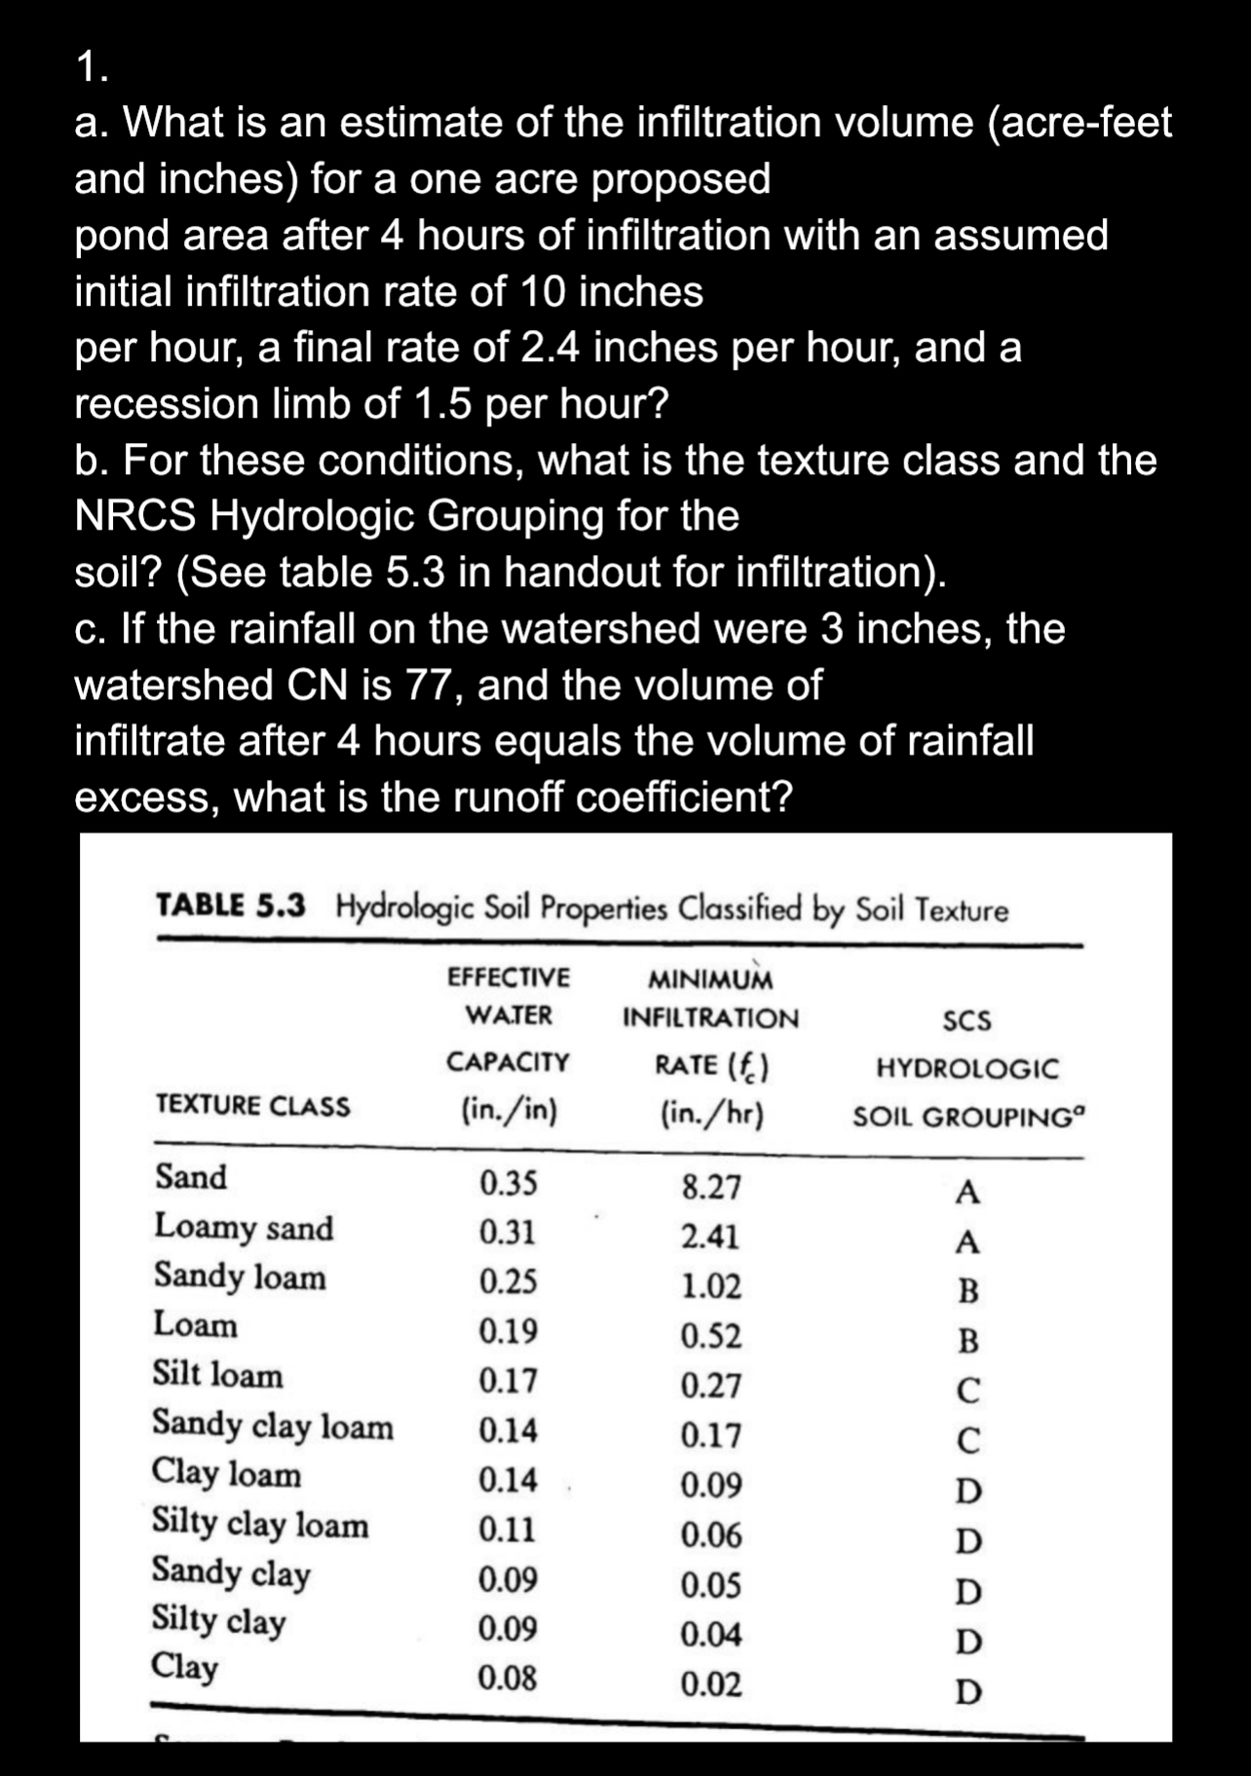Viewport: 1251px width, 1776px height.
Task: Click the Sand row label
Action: click(x=191, y=1177)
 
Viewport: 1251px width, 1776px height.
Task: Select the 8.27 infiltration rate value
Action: click(x=710, y=1188)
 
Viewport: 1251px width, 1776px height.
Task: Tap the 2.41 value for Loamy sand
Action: click(x=709, y=1237)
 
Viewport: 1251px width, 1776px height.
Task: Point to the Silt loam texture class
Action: click(x=217, y=1375)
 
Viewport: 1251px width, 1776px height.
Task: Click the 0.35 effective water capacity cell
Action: click(x=508, y=1184)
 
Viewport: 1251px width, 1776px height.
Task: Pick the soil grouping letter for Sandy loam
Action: click(x=967, y=1292)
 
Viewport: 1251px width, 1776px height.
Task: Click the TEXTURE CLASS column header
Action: click(x=252, y=1106)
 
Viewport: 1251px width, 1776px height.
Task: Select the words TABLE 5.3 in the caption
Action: click(x=231, y=906)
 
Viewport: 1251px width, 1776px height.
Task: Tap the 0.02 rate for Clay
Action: click(x=710, y=1683)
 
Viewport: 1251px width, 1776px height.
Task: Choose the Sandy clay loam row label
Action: click(x=273, y=1425)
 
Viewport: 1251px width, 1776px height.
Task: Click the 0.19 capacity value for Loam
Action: click(x=508, y=1331)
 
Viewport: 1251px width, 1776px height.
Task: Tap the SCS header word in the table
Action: click(x=967, y=1021)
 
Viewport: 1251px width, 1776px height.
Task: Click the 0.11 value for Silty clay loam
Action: click(x=507, y=1529)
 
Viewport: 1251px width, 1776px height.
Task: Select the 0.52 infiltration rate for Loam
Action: click(x=710, y=1336)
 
